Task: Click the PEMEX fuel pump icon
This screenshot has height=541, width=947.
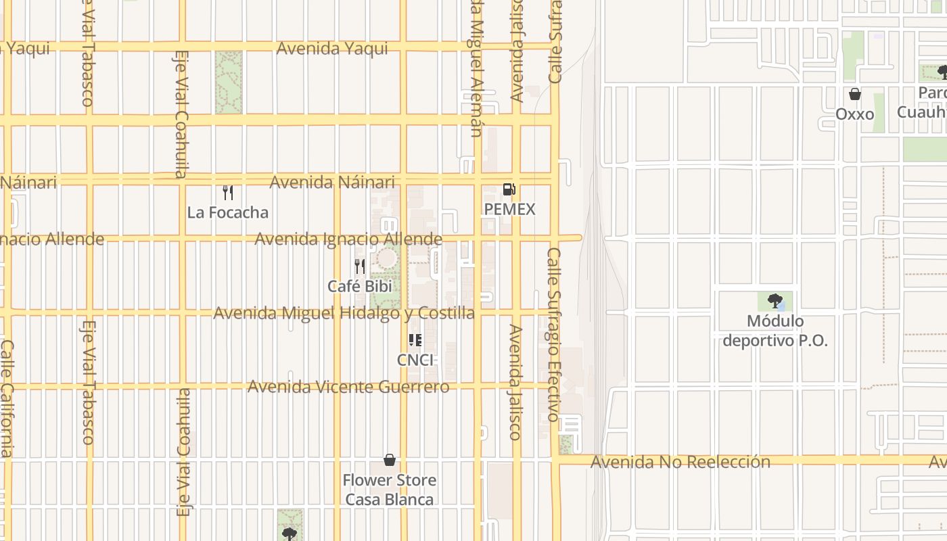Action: pos(509,189)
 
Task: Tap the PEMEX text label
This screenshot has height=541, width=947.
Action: pos(509,210)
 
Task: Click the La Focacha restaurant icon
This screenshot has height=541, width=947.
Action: pos(228,193)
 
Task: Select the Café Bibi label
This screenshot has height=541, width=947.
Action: pos(360,286)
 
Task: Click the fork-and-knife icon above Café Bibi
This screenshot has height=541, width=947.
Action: pos(360,266)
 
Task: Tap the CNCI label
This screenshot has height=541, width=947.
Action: pos(415,360)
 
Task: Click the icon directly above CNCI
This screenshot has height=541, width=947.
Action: pos(415,340)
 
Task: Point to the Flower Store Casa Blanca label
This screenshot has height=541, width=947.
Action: pos(390,490)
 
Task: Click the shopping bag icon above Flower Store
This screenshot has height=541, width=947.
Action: pos(390,461)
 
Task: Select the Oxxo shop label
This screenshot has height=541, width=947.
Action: pos(855,114)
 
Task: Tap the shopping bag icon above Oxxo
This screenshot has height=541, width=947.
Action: pos(855,94)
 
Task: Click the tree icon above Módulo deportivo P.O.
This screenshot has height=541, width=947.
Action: pos(775,301)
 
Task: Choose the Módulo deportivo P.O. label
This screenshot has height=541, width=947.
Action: pos(775,331)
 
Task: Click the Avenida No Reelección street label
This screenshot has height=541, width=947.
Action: pos(680,462)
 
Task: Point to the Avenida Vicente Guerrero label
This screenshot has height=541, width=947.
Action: pos(348,387)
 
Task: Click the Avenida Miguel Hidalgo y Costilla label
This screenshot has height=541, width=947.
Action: pos(344,313)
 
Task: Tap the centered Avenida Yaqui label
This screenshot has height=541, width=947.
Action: pos(332,48)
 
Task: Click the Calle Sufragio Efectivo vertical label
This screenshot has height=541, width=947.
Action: pos(554,335)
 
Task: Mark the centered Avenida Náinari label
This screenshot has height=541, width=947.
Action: pos(332,183)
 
